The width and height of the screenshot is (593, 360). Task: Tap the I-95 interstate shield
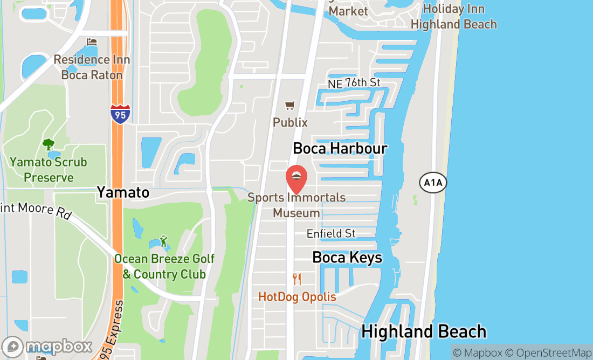[x=120, y=114]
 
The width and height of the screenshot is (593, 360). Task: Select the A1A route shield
[x=433, y=183]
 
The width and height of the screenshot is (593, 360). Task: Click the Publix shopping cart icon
[x=291, y=106]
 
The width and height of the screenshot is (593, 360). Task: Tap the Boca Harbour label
[x=340, y=148]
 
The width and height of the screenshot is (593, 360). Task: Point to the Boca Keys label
[x=347, y=258]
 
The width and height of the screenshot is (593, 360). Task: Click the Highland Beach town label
[x=424, y=331]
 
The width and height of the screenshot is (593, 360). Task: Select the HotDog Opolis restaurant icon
[x=296, y=279]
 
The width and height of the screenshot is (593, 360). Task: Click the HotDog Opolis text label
[x=297, y=297]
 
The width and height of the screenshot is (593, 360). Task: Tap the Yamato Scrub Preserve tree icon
[x=48, y=144]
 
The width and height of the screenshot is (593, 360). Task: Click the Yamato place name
[x=123, y=192]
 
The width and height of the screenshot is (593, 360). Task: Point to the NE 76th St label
[x=354, y=82]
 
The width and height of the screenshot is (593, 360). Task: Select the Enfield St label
[x=331, y=233]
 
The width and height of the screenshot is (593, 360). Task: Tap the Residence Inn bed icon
[x=92, y=42]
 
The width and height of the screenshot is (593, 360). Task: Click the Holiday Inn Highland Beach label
[x=453, y=17]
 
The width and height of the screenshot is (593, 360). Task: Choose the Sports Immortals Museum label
[x=296, y=205]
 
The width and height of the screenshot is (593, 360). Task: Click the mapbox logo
[x=47, y=347]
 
